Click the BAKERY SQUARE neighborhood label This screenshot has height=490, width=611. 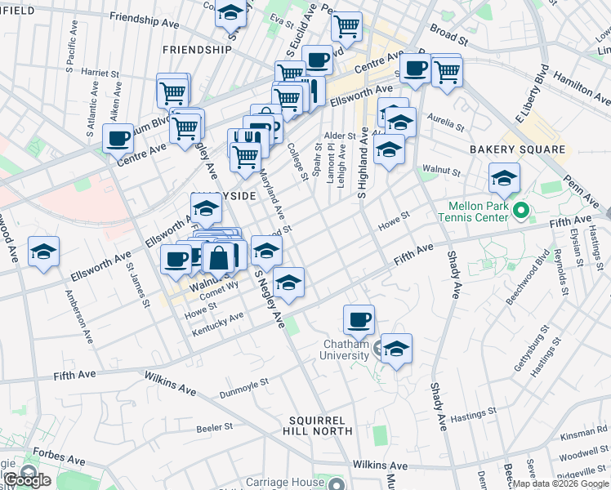(517, 149)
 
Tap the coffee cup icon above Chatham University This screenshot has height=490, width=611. (359, 319)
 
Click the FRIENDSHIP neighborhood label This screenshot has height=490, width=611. (198, 50)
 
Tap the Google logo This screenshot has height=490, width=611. (26, 480)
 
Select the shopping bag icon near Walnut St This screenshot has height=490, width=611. (219, 259)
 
